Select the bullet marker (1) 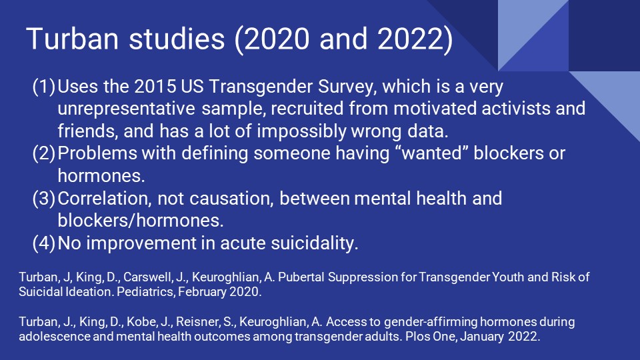click(x=44, y=87)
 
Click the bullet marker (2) click(x=44, y=153)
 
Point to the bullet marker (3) click(x=44, y=198)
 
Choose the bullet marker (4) click(x=44, y=243)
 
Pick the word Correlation click(x=110, y=198)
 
